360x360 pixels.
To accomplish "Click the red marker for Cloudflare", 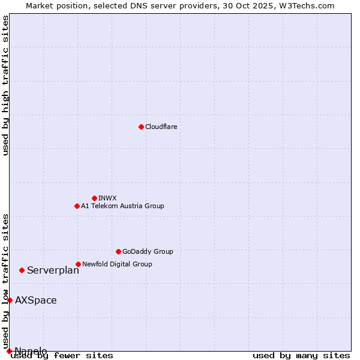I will tap(141, 127).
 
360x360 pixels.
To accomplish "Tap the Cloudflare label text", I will tap(161, 127).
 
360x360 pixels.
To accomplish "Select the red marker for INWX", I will tap(94, 198).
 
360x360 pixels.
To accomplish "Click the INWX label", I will tap(107, 198).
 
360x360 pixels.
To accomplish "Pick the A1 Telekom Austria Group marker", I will tap(77, 206).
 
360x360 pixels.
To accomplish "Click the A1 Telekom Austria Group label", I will tap(122, 206).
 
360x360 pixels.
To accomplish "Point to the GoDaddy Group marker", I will tap(118, 251).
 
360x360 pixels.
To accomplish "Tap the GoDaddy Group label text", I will tap(148, 251).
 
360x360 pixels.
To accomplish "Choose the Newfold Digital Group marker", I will tap(78, 264).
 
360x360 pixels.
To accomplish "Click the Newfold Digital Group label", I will tap(117, 264).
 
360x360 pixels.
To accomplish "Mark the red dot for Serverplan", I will tap(22, 270).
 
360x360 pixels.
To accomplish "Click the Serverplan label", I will tap(53, 271).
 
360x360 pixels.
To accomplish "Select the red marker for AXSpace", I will tap(10, 300).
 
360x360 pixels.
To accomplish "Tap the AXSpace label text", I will tap(36, 301).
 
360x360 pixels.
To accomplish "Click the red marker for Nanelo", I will tap(9, 351).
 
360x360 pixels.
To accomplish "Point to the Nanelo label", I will tap(31, 351).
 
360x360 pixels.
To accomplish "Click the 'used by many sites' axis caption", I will tap(301, 356).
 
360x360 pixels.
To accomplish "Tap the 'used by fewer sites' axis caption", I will tap(62, 356).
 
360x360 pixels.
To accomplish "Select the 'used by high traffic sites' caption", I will tap(6, 85).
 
